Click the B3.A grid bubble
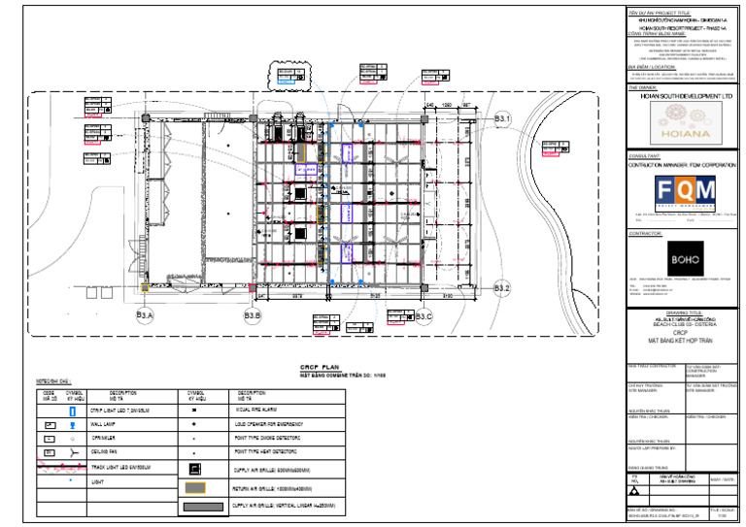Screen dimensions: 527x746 pos(145,315)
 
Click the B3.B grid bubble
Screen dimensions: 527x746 pos(253,315)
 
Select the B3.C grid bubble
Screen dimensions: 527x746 pos(423,315)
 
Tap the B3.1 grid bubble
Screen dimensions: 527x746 pos(502,118)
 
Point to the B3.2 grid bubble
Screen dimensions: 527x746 pos(502,288)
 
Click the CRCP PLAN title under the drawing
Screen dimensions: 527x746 pos(316,366)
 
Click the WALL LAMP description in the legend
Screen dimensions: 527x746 pos(114,425)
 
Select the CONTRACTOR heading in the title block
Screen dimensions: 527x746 pos(648,234)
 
